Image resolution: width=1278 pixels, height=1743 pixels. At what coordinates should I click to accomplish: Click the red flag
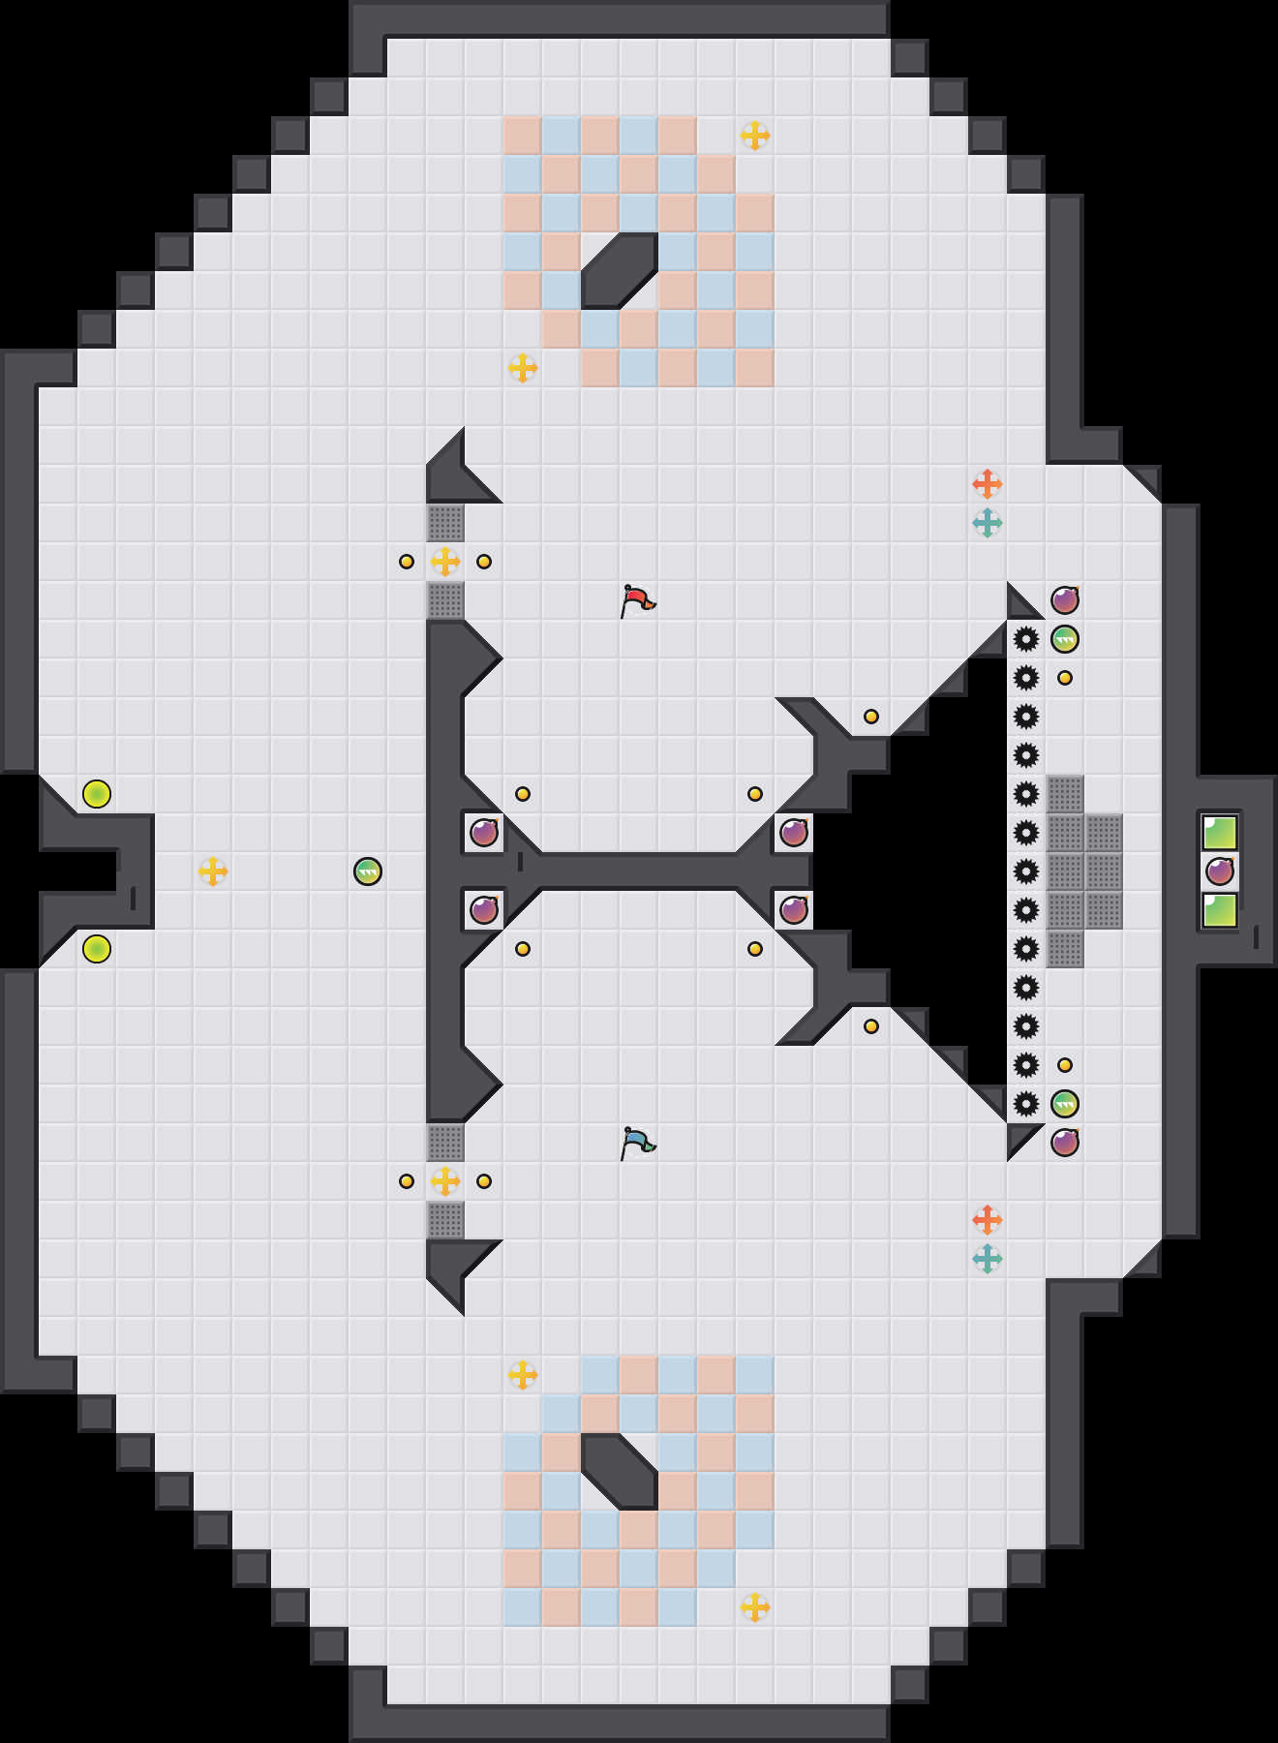(636, 600)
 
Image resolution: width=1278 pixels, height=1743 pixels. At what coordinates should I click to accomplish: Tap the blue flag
(636, 1143)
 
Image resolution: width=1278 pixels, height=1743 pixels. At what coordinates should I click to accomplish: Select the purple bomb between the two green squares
(1220, 871)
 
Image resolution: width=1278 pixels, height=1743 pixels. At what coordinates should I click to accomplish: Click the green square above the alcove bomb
(1220, 833)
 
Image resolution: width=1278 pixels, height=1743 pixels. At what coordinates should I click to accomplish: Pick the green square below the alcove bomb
(1220, 910)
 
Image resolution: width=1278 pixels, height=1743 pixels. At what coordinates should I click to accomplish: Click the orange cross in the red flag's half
(987, 483)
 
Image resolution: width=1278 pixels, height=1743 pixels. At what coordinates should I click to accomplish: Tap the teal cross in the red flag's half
(987, 523)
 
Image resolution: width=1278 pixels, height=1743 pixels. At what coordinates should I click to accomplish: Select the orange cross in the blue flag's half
(987, 1219)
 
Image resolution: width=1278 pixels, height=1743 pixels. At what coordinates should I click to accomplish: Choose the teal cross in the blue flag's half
(987, 1259)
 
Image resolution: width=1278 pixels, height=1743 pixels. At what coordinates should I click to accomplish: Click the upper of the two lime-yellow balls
(97, 794)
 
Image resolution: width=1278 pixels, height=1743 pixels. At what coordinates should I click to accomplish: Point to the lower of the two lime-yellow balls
(97, 949)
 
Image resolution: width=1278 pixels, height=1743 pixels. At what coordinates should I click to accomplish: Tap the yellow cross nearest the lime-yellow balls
(213, 871)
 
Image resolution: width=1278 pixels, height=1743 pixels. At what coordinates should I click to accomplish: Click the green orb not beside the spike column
(368, 871)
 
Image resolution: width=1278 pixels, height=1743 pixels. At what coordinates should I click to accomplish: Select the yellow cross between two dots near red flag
(445, 562)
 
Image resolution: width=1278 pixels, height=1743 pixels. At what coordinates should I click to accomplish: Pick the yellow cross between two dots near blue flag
(445, 1181)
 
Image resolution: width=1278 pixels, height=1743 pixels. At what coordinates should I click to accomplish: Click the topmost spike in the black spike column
(1026, 639)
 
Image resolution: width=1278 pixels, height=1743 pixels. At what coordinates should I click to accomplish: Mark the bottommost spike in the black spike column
(1026, 1104)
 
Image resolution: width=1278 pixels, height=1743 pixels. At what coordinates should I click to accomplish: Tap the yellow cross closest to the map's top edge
(755, 136)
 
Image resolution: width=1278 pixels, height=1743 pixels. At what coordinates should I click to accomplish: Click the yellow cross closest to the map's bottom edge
(755, 1607)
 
